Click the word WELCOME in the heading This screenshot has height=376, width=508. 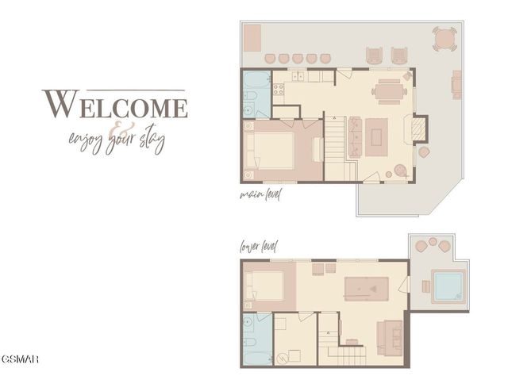(x=115, y=105)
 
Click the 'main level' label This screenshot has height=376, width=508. (x=260, y=194)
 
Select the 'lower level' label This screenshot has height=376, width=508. (x=259, y=247)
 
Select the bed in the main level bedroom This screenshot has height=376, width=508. (x=270, y=150)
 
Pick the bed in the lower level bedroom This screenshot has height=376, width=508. (x=266, y=285)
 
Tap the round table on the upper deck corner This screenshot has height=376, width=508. (x=444, y=37)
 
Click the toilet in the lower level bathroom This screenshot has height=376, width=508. (x=250, y=324)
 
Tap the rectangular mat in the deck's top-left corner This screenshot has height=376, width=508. (x=253, y=36)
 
